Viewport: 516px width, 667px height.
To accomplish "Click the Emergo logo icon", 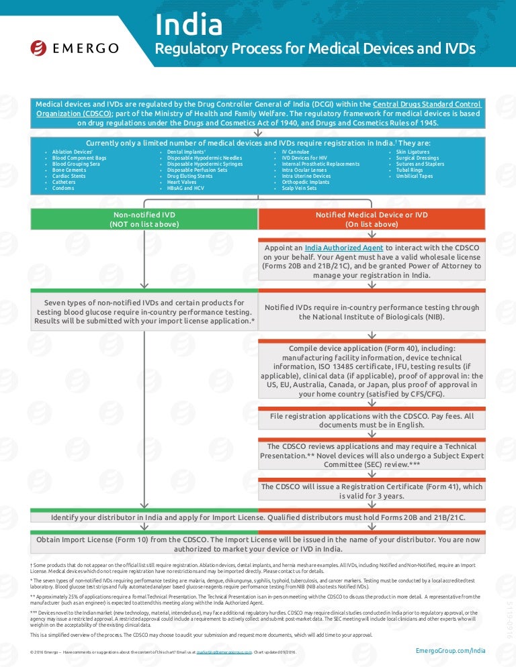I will click(39, 48).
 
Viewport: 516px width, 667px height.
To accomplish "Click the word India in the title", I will click(189, 25).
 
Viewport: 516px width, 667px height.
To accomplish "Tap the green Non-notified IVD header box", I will click(144, 219).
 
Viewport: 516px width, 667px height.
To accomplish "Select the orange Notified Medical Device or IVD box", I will click(372, 219).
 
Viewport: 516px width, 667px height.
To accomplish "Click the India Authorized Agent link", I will click(344, 248).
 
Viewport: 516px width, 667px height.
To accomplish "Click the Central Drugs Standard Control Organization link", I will click(259, 109).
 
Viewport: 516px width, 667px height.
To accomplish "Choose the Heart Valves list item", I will click(183, 182).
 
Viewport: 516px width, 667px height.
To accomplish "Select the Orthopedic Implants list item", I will click(306, 182).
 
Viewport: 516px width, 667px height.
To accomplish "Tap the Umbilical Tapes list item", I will click(415, 176).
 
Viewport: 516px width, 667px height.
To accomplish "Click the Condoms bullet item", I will click(64, 189).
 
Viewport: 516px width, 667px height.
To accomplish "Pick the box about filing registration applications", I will click(372, 421).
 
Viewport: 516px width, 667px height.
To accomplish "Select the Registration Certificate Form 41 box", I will click(372, 491).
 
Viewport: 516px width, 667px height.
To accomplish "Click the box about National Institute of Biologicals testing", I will click(372, 312).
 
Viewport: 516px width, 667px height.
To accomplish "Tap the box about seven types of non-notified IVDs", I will click(144, 312).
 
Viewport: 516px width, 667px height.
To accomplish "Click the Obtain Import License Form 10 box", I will click(258, 544).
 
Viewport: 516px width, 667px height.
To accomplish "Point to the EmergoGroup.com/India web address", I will click(450, 650).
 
